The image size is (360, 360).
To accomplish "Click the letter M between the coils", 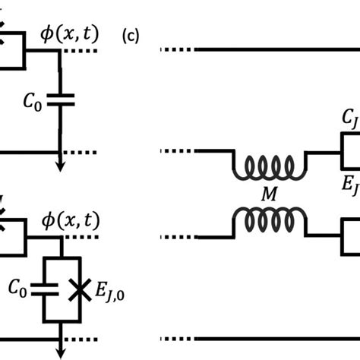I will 270,195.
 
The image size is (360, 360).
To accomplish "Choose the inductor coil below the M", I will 270,221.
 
